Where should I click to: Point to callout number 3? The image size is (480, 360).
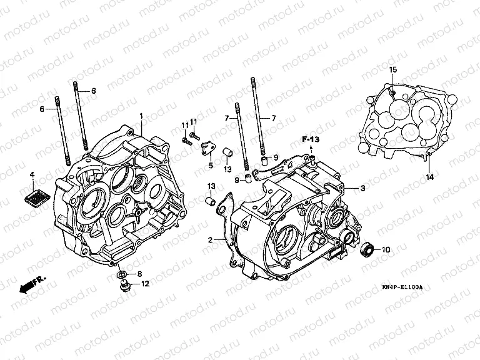(362, 187)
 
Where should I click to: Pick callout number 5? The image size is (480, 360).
(211, 166)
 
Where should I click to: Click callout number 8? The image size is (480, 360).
(139, 274)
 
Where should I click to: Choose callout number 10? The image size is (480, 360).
(385, 250)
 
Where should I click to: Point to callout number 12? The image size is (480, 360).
(144, 284)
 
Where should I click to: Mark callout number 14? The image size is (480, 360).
(429, 177)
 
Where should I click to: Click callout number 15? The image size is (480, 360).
(393, 69)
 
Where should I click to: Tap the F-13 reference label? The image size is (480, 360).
(310, 138)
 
